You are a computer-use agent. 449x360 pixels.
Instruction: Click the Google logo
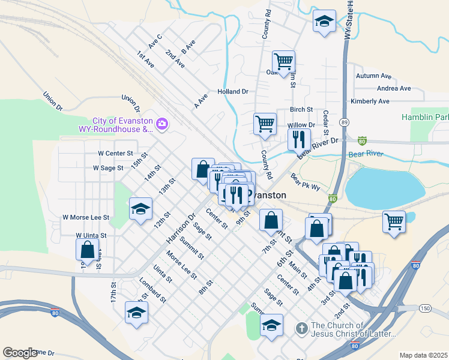pos(20,353)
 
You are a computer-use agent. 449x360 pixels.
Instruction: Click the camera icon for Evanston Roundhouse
pos(162,124)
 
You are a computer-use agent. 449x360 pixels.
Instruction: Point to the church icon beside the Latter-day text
pos(303,329)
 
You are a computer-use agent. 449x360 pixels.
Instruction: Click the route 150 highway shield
pos(425,308)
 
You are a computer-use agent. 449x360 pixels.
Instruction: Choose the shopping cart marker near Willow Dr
pos(265,124)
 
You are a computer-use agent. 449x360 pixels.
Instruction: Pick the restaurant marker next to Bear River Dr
pos(298,140)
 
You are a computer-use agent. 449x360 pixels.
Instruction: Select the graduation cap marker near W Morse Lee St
pos(140,209)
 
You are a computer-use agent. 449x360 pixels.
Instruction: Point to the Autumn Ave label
pos(373,76)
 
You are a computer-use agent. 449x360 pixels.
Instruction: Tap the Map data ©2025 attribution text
pos(423,355)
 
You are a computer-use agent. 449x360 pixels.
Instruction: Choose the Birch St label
pos(301,109)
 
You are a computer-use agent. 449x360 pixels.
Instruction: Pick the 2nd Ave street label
pos(175,58)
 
